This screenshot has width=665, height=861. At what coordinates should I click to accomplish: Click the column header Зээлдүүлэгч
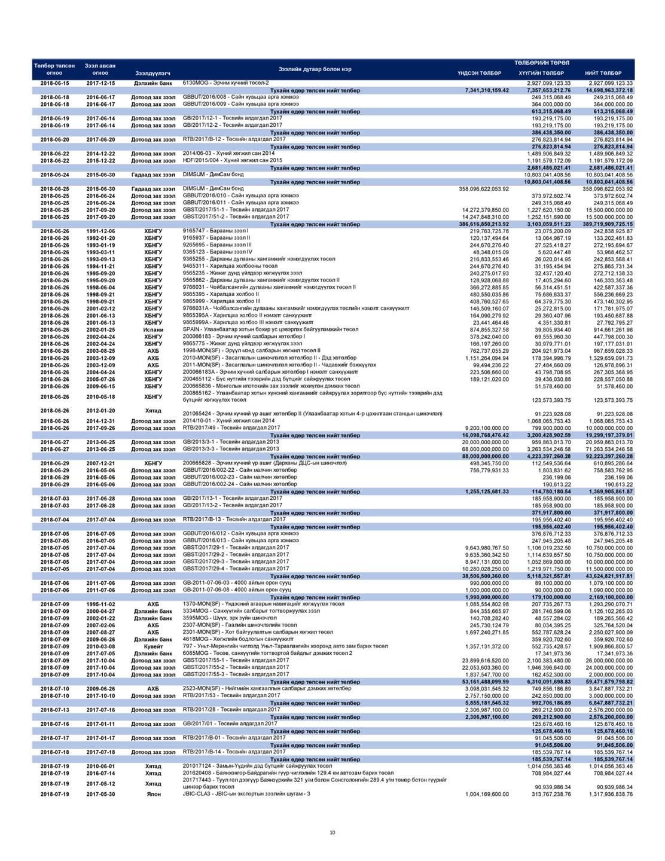pyautogui.click(x=153, y=73)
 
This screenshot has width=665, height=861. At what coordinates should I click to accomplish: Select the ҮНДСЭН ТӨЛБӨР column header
pyautogui.click(x=479, y=73)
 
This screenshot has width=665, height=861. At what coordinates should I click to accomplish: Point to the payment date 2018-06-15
pyautogui.click(x=54, y=83)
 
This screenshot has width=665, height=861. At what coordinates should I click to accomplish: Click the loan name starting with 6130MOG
pyautogui.click(x=225, y=83)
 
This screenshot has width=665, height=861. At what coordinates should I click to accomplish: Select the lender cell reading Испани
pyautogui.click(x=153, y=329)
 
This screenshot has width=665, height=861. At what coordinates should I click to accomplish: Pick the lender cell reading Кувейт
pyautogui.click(x=153, y=646)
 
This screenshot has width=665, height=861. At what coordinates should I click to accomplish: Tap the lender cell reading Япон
pyautogui.click(x=153, y=794)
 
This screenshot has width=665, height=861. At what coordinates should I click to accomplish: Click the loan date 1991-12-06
pyautogui.click(x=100, y=231)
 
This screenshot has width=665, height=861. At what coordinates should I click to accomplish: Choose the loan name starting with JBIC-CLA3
pyautogui.click(x=247, y=793)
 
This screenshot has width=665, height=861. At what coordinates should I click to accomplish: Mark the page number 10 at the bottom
pyautogui.click(x=332, y=832)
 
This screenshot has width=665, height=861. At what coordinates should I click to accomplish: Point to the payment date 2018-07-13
pyautogui.click(x=54, y=710)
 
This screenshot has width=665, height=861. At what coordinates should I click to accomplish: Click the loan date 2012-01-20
pyautogui.click(x=100, y=411)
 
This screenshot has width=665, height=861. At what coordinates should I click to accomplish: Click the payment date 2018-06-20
pyautogui.click(x=54, y=139)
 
